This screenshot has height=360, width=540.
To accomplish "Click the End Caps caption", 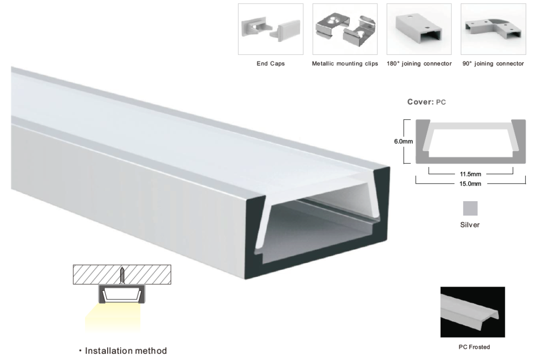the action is [x=270, y=63].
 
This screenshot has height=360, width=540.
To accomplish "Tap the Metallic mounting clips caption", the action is [x=345, y=63].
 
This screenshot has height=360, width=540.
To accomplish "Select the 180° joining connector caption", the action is [x=419, y=63].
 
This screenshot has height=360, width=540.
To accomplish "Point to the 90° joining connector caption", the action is [x=493, y=63].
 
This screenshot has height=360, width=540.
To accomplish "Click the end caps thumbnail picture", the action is [x=270, y=29].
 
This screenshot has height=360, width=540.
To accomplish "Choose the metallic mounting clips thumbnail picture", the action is [x=345, y=29].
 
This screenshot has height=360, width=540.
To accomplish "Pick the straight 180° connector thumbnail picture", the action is [x=419, y=29].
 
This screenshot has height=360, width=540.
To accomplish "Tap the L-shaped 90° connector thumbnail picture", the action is [x=493, y=29].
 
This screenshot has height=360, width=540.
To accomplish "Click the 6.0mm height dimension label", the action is [x=403, y=142].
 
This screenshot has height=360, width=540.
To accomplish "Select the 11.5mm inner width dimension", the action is [x=470, y=174].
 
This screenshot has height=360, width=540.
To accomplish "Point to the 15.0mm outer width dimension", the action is [x=470, y=184].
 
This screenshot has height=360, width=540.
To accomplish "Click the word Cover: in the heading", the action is [x=420, y=102].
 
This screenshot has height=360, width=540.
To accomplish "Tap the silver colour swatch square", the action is [x=470, y=208].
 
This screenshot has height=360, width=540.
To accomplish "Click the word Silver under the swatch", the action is [x=470, y=225].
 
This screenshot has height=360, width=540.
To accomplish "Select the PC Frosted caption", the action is [x=474, y=347].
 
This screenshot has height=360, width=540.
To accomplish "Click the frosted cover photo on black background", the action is [x=472, y=312].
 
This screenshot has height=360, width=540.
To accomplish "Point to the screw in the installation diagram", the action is [x=122, y=275].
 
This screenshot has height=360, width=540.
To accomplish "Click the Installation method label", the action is [x=126, y=351].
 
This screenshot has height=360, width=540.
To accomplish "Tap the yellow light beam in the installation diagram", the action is [x=113, y=317].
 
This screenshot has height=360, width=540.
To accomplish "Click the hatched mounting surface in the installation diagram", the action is [x=122, y=274].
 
